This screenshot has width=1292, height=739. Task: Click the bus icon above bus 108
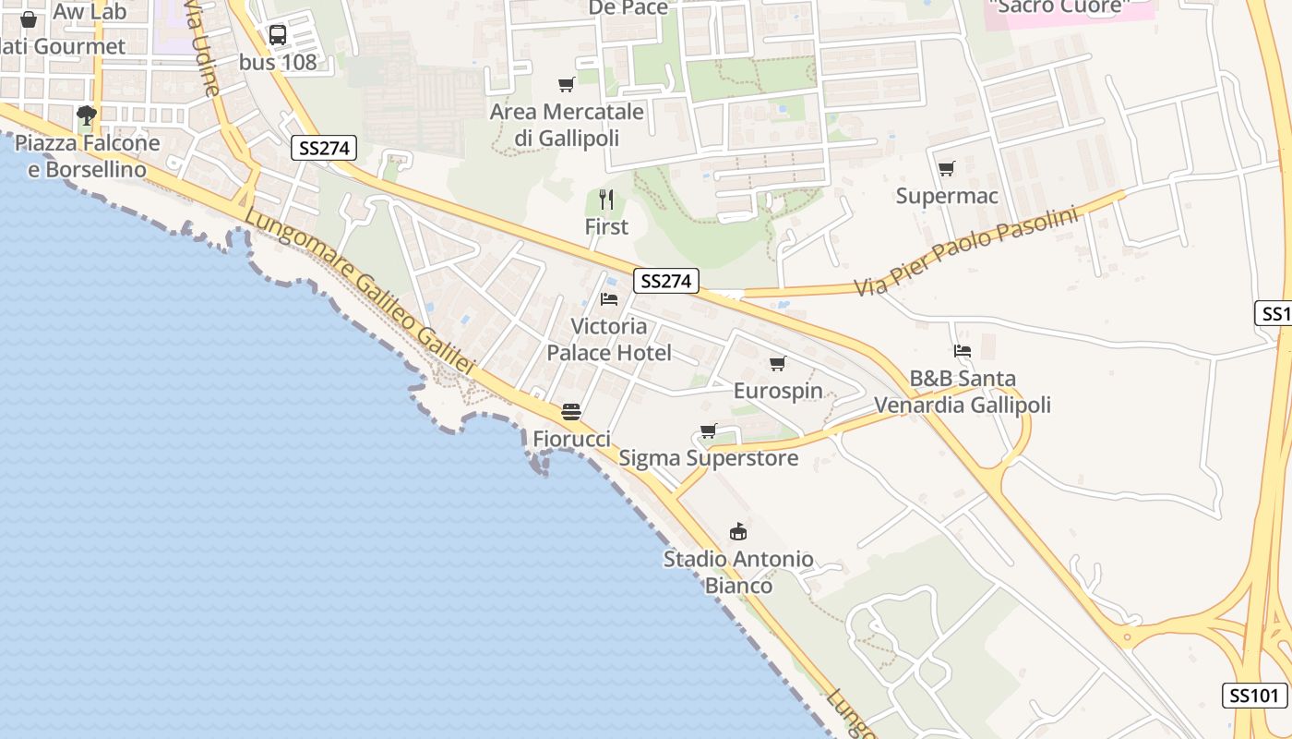277,35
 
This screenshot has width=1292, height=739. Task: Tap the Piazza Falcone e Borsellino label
88,156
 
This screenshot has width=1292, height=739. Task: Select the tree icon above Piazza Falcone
87,115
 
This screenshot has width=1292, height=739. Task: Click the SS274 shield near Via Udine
323,148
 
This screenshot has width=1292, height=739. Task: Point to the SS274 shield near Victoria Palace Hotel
665,281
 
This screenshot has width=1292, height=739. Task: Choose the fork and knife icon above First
606,200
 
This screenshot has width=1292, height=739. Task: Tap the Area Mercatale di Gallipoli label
567,125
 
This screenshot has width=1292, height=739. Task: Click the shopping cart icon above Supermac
946,169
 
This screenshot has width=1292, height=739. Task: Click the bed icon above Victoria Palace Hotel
609,298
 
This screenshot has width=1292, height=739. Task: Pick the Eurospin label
778,391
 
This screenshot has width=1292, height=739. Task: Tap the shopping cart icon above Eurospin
778,364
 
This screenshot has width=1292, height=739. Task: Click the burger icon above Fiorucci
571,412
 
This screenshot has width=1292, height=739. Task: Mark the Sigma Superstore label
708,458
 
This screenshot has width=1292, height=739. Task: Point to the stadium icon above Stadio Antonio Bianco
738,532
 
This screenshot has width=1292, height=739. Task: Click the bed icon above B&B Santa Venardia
963,351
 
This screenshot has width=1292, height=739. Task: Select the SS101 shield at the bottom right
1255,696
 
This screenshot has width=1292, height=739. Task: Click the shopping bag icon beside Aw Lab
29,19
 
